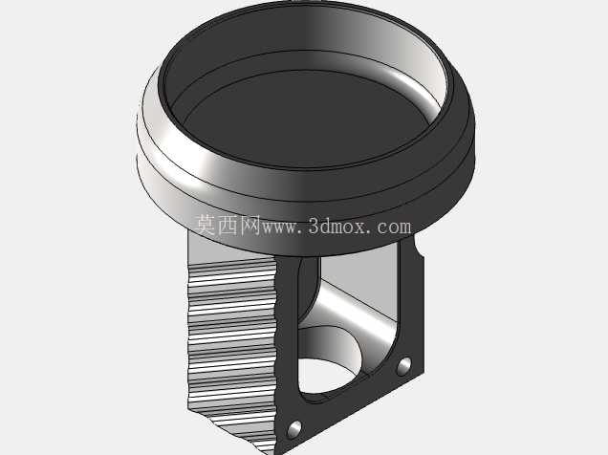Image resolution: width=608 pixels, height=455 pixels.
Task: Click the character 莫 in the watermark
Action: click(206, 225)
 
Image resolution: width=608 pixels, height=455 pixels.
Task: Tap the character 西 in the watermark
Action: click(228, 225)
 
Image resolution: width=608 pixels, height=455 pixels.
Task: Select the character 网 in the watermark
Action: click(250, 225)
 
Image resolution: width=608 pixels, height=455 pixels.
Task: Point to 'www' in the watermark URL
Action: click(280, 227)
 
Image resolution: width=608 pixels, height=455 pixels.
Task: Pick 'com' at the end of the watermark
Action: click(394, 227)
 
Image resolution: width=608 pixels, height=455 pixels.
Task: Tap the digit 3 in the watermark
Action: click(315, 226)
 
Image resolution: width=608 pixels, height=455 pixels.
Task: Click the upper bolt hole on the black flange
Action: click(404, 366)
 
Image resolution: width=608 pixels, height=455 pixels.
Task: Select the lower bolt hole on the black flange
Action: click(294, 429)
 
